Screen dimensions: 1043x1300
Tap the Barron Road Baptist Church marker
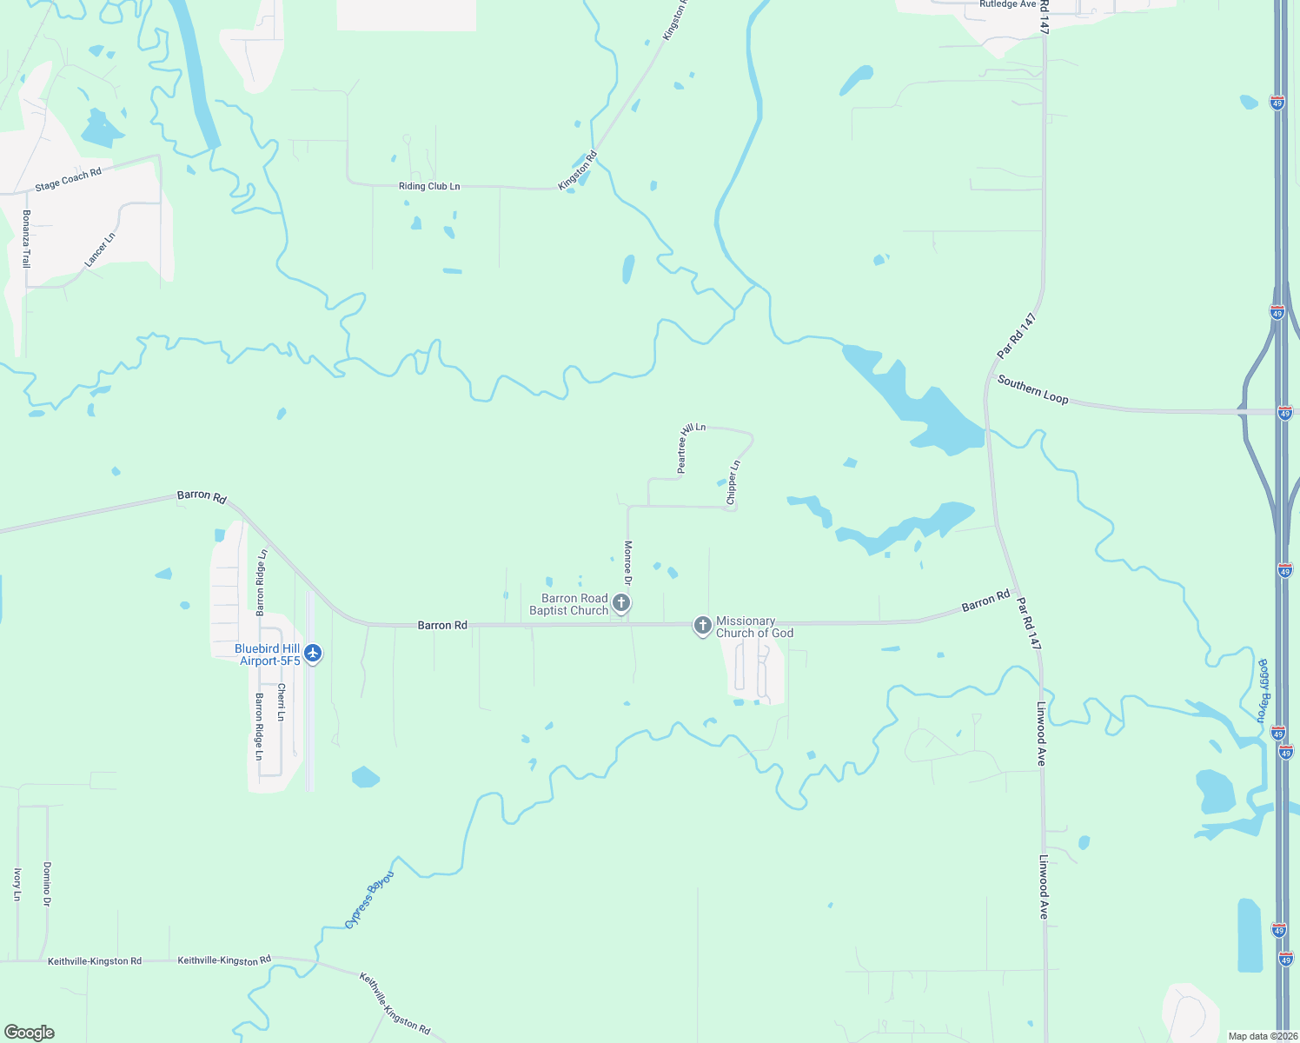pyautogui.click(x=620, y=602)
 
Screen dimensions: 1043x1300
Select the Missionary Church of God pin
pyautogui.click(x=703, y=625)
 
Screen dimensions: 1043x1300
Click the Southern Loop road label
pyautogui.click(x=1032, y=389)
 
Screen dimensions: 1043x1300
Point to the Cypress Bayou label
pyautogui.click(x=369, y=900)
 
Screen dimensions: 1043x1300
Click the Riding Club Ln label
pyautogui.click(x=429, y=186)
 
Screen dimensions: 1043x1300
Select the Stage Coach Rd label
pyautogui.click(x=68, y=180)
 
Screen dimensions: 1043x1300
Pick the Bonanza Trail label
pyautogui.click(x=26, y=238)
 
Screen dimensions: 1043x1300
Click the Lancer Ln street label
pyautogui.click(x=100, y=249)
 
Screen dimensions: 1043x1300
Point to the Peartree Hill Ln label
pyautogui.click(x=692, y=448)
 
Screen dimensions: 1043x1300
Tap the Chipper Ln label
pyautogui.click(x=733, y=483)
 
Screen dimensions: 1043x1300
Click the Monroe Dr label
pyautogui.click(x=627, y=561)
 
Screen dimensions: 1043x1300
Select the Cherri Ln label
pyautogui.click(x=281, y=702)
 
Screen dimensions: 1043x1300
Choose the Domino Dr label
pyautogui.click(x=47, y=884)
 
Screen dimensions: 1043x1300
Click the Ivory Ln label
pyautogui.click(x=17, y=884)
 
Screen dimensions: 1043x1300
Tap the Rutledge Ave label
pyautogui.click(x=1007, y=4)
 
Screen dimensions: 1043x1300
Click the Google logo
pyautogui.click(x=30, y=1032)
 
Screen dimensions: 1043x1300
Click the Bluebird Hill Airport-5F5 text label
pyautogui.click(x=268, y=654)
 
